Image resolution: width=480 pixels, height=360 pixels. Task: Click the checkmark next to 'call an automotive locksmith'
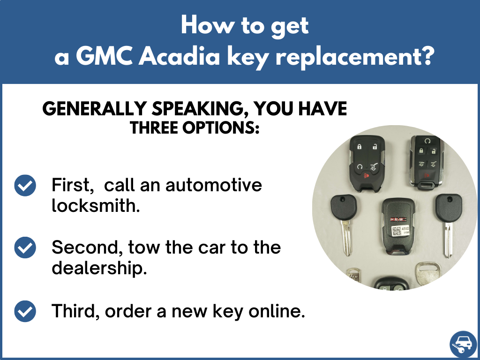click(x=25, y=186)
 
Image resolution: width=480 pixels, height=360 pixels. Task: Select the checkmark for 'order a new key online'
click(x=25, y=310)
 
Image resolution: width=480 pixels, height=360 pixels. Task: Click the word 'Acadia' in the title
click(x=177, y=57)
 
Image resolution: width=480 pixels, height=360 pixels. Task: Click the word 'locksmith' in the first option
click(x=96, y=205)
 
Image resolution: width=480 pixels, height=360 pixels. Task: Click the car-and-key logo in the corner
click(x=462, y=345)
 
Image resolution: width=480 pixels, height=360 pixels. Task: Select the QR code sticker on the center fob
click(x=397, y=231)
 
